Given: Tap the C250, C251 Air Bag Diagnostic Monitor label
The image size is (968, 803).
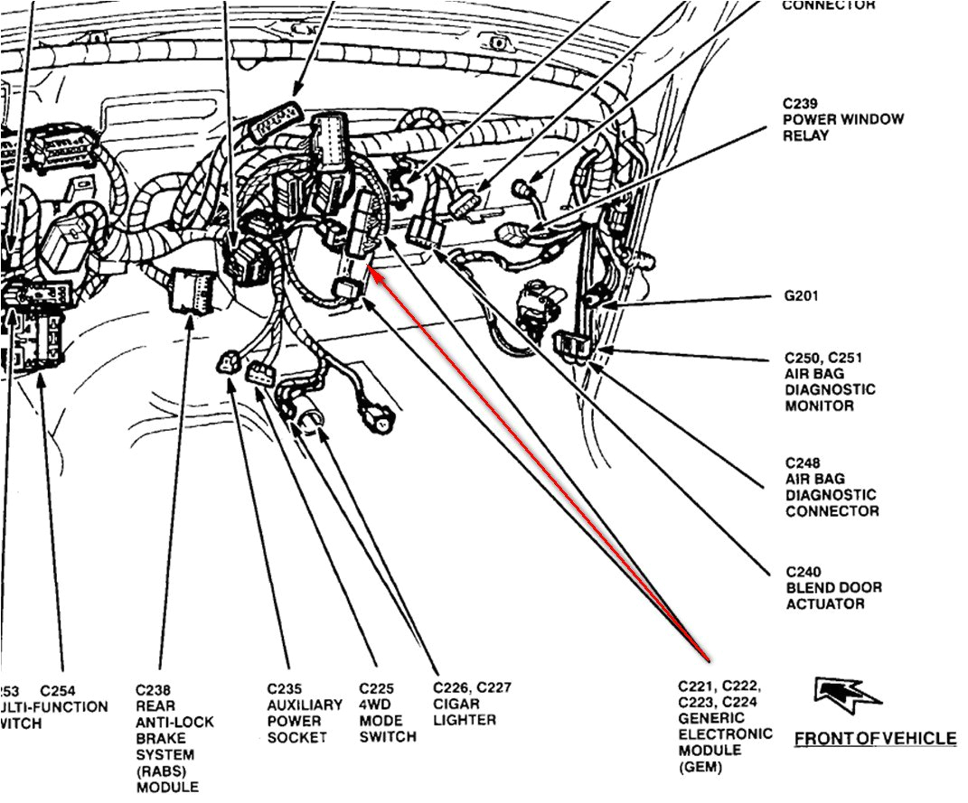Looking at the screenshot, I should (x=829, y=382).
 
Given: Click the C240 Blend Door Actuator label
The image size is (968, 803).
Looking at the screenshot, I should (x=832, y=587).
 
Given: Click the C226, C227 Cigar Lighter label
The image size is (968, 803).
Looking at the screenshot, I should (x=472, y=704).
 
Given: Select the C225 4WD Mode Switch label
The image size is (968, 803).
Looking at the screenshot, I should (x=387, y=712).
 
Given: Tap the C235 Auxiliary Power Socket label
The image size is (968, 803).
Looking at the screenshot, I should (x=305, y=712).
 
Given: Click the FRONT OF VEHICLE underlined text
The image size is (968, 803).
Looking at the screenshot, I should (x=874, y=739).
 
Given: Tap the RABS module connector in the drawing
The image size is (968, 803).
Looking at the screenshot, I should (x=192, y=289).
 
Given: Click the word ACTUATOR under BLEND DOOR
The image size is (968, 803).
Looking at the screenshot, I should (x=824, y=603).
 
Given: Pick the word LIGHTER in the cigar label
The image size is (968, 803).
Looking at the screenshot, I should (x=465, y=720).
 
